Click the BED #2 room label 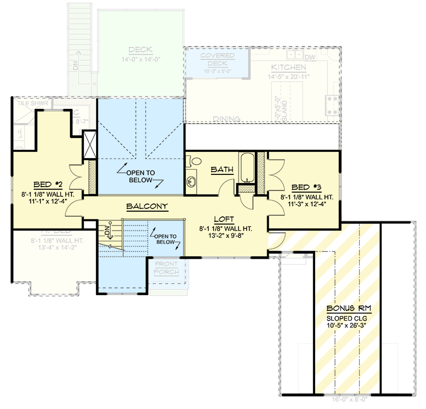(x=48, y=184)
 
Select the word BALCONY (x=147, y=207)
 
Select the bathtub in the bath (x=246, y=167)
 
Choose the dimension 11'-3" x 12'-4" (x=306, y=204)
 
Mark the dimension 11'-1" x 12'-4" (x=48, y=201)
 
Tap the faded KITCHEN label (x=289, y=67)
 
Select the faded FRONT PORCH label (x=167, y=268)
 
